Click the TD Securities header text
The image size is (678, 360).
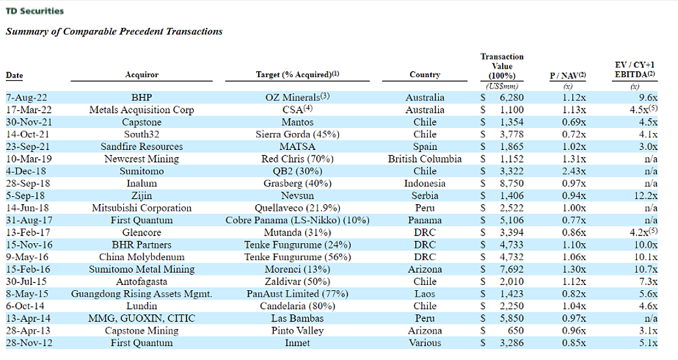coord(35,11)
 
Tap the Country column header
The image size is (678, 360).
coord(424,75)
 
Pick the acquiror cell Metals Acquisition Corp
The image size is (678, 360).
coord(141,110)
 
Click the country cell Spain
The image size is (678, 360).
coord(424,147)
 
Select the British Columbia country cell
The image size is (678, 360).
coord(424,159)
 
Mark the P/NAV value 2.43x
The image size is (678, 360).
coord(574,172)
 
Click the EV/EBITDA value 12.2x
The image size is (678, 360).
coord(644,196)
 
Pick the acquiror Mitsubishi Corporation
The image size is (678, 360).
coord(141,208)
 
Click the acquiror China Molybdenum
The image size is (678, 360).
coord(141,257)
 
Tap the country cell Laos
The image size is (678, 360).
coord(424,293)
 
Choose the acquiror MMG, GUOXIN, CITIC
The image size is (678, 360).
coord(141,318)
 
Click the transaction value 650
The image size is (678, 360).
coord(515,331)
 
